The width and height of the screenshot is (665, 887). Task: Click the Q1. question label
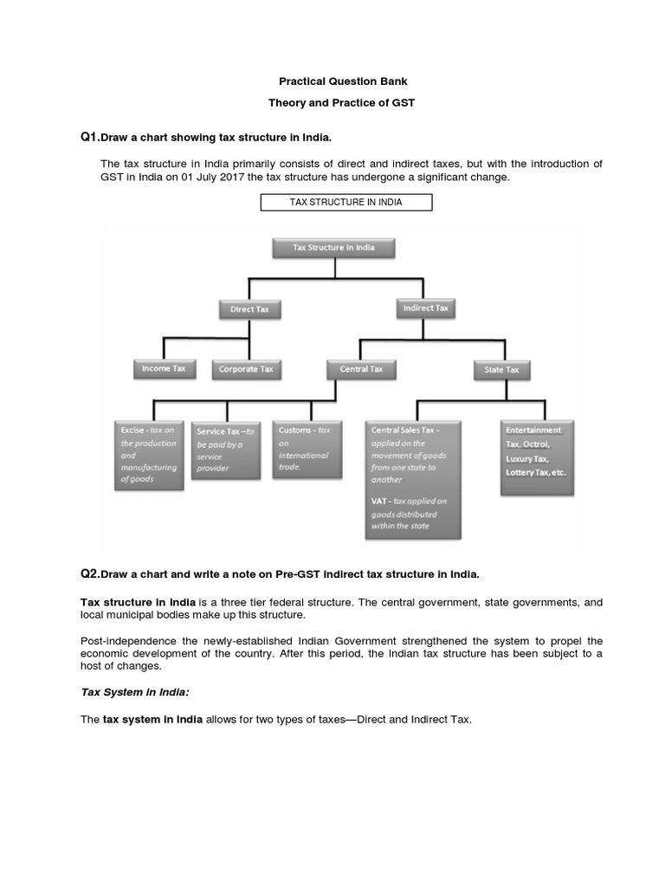(x=90, y=138)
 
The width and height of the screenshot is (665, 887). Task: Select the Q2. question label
(x=90, y=573)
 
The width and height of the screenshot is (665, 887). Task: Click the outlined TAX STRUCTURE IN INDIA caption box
(x=346, y=203)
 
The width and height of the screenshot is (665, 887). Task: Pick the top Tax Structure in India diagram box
(x=335, y=248)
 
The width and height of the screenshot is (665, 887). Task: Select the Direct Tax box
(x=249, y=308)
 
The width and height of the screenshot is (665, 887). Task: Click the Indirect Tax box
(x=425, y=308)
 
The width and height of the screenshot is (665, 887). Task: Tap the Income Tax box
(x=164, y=369)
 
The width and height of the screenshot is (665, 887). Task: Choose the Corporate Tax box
(x=246, y=369)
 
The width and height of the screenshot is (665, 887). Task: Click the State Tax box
(x=502, y=370)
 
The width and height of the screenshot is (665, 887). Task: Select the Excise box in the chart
(x=149, y=455)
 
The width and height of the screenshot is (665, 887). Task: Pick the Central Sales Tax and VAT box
(x=412, y=478)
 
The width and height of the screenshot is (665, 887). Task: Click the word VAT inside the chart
(x=380, y=501)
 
